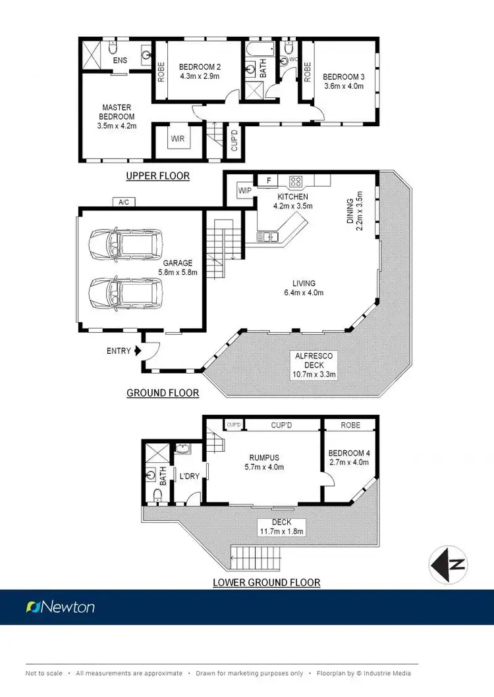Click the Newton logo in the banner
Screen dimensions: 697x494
click(60, 607)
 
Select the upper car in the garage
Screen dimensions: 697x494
click(124, 245)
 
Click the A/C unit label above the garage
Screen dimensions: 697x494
click(123, 202)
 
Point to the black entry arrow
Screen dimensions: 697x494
click(137, 351)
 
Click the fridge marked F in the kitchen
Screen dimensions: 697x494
click(268, 180)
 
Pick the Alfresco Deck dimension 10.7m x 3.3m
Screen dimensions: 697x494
click(315, 375)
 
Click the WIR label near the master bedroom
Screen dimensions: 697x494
click(177, 139)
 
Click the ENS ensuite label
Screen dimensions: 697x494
click(120, 61)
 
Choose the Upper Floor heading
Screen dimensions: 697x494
click(158, 176)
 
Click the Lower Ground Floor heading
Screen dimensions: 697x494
click(267, 582)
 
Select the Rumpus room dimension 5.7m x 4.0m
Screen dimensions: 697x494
click(263, 468)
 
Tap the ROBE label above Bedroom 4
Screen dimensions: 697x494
click(350, 425)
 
